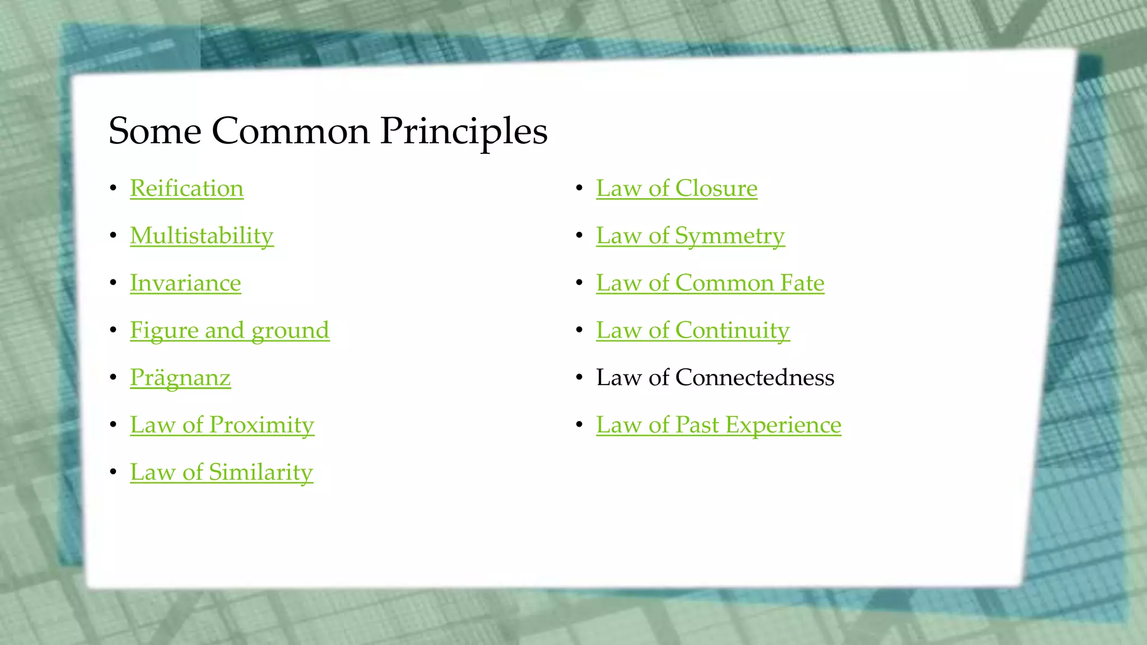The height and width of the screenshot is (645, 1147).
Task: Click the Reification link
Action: click(x=186, y=189)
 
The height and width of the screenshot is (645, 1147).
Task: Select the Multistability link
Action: click(x=202, y=236)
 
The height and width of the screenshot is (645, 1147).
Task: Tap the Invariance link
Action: click(x=185, y=283)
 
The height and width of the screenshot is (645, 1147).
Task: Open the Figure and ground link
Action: click(x=230, y=330)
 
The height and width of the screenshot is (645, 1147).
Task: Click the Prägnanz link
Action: click(x=180, y=378)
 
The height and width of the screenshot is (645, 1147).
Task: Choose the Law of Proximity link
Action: click(x=222, y=425)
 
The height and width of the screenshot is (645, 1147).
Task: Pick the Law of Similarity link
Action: click(x=221, y=472)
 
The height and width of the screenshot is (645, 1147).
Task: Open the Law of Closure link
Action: click(x=677, y=189)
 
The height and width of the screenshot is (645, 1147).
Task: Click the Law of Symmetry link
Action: click(x=690, y=236)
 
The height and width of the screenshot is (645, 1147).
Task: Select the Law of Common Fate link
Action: click(x=710, y=283)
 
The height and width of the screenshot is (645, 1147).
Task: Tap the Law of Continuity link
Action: click(x=693, y=330)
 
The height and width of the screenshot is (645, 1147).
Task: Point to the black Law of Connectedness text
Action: click(x=715, y=378)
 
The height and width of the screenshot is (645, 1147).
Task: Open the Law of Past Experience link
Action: click(x=719, y=425)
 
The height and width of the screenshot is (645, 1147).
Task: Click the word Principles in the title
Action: click(x=464, y=132)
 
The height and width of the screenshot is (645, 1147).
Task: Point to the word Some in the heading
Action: click(x=155, y=132)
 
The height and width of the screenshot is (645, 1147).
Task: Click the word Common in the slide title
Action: click(x=291, y=132)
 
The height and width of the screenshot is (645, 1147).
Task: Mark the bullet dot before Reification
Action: click(x=113, y=189)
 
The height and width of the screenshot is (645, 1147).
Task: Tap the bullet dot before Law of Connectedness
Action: click(x=579, y=378)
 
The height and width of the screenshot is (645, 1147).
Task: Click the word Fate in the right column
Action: click(x=802, y=283)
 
